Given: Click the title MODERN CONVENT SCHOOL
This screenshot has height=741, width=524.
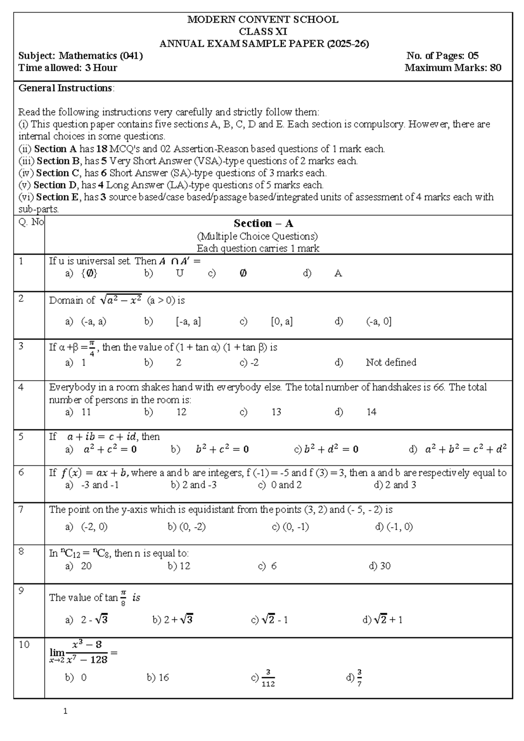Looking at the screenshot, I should (x=262, y=20).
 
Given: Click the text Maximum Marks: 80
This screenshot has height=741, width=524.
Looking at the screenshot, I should (x=453, y=68).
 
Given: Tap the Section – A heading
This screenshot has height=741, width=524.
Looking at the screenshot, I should (x=263, y=224).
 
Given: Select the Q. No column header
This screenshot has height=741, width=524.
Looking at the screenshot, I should (x=31, y=222).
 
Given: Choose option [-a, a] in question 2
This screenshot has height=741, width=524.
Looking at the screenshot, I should (x=188, y=322).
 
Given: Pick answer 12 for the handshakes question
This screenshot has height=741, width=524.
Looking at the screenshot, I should (x=181, y=412).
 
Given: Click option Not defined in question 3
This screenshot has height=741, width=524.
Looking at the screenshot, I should (x=391, y=363).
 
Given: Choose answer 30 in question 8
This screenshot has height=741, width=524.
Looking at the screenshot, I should (x=385, y=566).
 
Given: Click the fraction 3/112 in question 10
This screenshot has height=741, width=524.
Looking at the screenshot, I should (x=268, y=678).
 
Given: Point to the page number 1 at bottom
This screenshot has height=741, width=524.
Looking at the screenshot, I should (x=65, y=711).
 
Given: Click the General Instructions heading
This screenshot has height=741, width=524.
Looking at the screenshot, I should (x=66, y=88).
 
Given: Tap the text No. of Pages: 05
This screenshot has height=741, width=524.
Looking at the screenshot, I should (x=442, y=56).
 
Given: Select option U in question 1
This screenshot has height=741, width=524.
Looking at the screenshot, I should (x=179, y=274).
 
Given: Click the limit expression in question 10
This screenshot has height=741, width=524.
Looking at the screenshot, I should (x=83, y=652).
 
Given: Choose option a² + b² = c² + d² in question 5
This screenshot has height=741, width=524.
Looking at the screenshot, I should (x=465, y=450).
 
